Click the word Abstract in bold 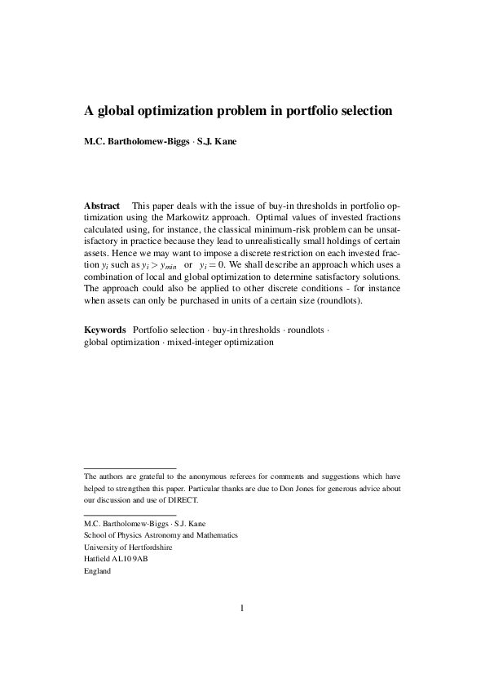click(x=103, y=206)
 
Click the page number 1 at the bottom click(x=242, y=607)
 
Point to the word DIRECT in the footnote click(x=180, y=500)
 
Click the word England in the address click(x=98, y=571)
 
